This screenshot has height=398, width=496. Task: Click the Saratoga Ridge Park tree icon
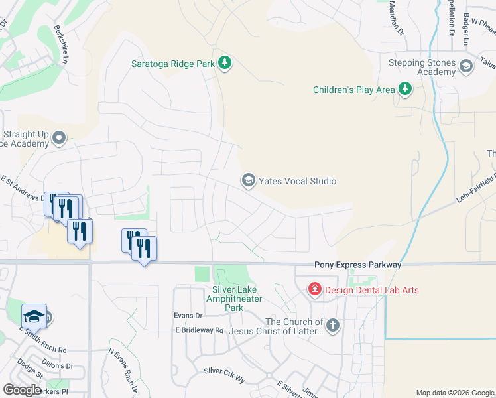(x=225, y=63)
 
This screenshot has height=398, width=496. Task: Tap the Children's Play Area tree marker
(x=404, y=90)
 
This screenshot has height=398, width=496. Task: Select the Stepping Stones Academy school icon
(x=465, y=65)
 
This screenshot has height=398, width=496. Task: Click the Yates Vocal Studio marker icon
(x=249, y=180)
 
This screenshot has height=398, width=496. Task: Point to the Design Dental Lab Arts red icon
(x=314, y=289)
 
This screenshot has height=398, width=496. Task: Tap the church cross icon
(x=333, y=325)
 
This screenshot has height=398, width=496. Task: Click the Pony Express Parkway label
(x=357, y=265)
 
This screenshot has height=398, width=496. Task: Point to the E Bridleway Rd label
(x=200, y=330)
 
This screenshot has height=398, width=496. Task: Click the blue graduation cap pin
(x=34, y=316)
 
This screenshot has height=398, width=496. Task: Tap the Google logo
(x=22, y=390)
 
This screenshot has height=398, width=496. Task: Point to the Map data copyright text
(x=454, y=393)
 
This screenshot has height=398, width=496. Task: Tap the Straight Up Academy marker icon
(x=59, y=138)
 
